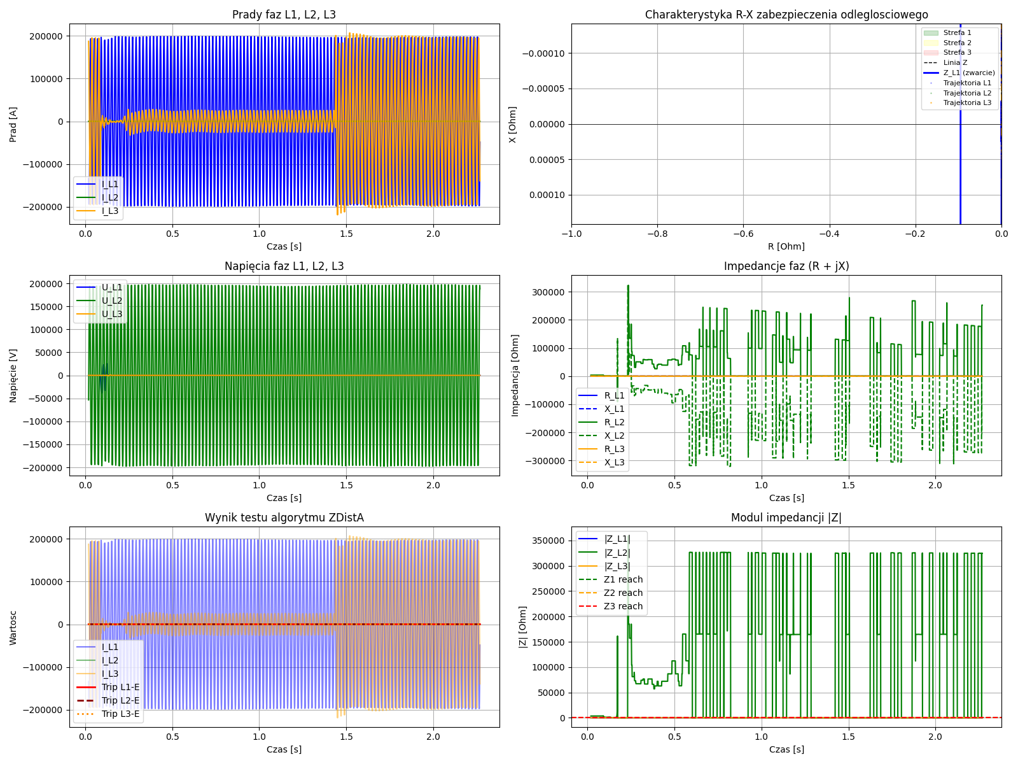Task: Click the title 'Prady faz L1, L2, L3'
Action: pyautogui.click(x=284, y=15)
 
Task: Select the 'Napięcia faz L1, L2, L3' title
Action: pyautogui.click(x=284, y=266)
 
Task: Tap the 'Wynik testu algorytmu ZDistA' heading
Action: pyautogui.click(x=284, y=518)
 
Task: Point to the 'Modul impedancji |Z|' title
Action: pyautogui.click(x=786, y=518)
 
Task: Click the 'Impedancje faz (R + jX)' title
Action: pyautogui.click(x=786, y=266)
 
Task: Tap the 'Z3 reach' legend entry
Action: pyautogui.click(x=623, y=606)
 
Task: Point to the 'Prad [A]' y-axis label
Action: pyautogui.click(x=13, y=124)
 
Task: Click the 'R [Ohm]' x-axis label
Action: pyautogui.click(x=786, y=246)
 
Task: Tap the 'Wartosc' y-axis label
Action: pyautogui.click(x=13, y=627)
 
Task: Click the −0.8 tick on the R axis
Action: pyautogui.click(x=657, y=234)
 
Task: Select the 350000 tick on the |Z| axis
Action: pyautogui.click(x=548, y=541)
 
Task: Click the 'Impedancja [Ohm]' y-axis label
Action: pyautogui.click(x=515, y=376)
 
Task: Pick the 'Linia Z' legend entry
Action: pyautogui.click(x=955, y=62)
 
